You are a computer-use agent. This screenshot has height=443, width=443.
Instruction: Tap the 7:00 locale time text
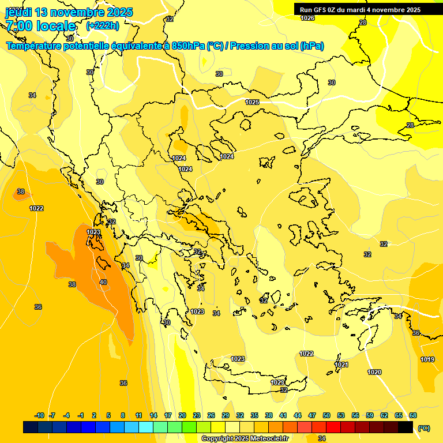click(40, 26)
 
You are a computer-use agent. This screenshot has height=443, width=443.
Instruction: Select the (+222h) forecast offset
click(103, 26)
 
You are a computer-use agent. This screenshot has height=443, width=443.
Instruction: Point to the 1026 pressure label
click(308, 18)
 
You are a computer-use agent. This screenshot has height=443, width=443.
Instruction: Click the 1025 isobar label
click(252, 102)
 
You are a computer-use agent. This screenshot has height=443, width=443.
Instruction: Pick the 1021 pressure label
click(341, 365)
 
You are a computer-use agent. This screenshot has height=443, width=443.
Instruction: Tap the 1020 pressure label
click(374, 372)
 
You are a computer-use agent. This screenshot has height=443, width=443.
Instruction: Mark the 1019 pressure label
click(427, 359)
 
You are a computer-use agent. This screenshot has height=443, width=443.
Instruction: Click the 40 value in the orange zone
click(103, 282)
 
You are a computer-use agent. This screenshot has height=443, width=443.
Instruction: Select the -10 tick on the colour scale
click(39, 415)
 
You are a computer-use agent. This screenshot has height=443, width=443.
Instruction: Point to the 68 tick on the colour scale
click(413, 415)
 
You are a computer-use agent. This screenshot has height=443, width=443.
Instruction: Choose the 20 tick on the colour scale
click(182, 415)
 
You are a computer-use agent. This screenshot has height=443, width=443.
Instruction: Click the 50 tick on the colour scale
click(326, 415)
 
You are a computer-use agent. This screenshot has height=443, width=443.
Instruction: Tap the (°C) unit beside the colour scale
click(424, 428)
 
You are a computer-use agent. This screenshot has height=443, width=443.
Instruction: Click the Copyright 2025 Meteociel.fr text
click(245, 438)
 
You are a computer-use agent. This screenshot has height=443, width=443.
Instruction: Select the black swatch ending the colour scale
click(406, 427)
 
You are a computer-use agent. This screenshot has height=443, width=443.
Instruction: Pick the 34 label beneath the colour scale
click(322, 438)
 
